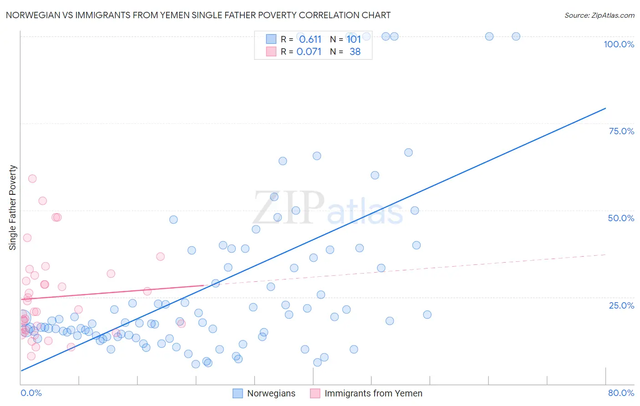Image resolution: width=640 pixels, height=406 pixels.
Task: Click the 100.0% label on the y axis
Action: [619, 44]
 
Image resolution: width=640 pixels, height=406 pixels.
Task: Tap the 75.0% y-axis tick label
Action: [621, 131]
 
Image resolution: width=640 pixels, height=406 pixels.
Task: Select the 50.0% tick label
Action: [621, 218]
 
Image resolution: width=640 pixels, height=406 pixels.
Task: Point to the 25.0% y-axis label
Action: [621, 305]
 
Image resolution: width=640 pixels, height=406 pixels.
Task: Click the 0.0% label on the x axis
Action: [31, 393]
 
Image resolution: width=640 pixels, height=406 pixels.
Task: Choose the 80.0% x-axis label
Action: [621, 393]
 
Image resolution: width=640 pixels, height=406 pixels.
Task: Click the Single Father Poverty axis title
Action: [13, 208]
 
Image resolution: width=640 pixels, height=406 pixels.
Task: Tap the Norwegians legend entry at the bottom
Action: [271, 393]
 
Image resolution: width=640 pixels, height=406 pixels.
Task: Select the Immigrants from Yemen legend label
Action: [373, 393]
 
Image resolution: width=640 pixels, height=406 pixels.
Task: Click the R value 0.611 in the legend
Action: [310, 39]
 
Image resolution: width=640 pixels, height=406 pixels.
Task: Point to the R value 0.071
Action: [309, 51]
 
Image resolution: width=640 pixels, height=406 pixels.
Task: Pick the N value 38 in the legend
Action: [355, 51]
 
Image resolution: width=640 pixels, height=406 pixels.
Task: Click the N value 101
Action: [354, 39]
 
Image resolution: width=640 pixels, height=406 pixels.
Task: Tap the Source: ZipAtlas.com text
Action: [599, 15]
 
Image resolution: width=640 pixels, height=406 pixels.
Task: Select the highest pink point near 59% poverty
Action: [32, 178]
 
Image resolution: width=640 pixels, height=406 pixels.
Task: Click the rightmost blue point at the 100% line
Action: [516, 36]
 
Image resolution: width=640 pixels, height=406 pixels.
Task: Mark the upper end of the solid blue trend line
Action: [605, 108]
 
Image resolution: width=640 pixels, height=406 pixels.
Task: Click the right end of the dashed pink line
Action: [605, 254]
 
